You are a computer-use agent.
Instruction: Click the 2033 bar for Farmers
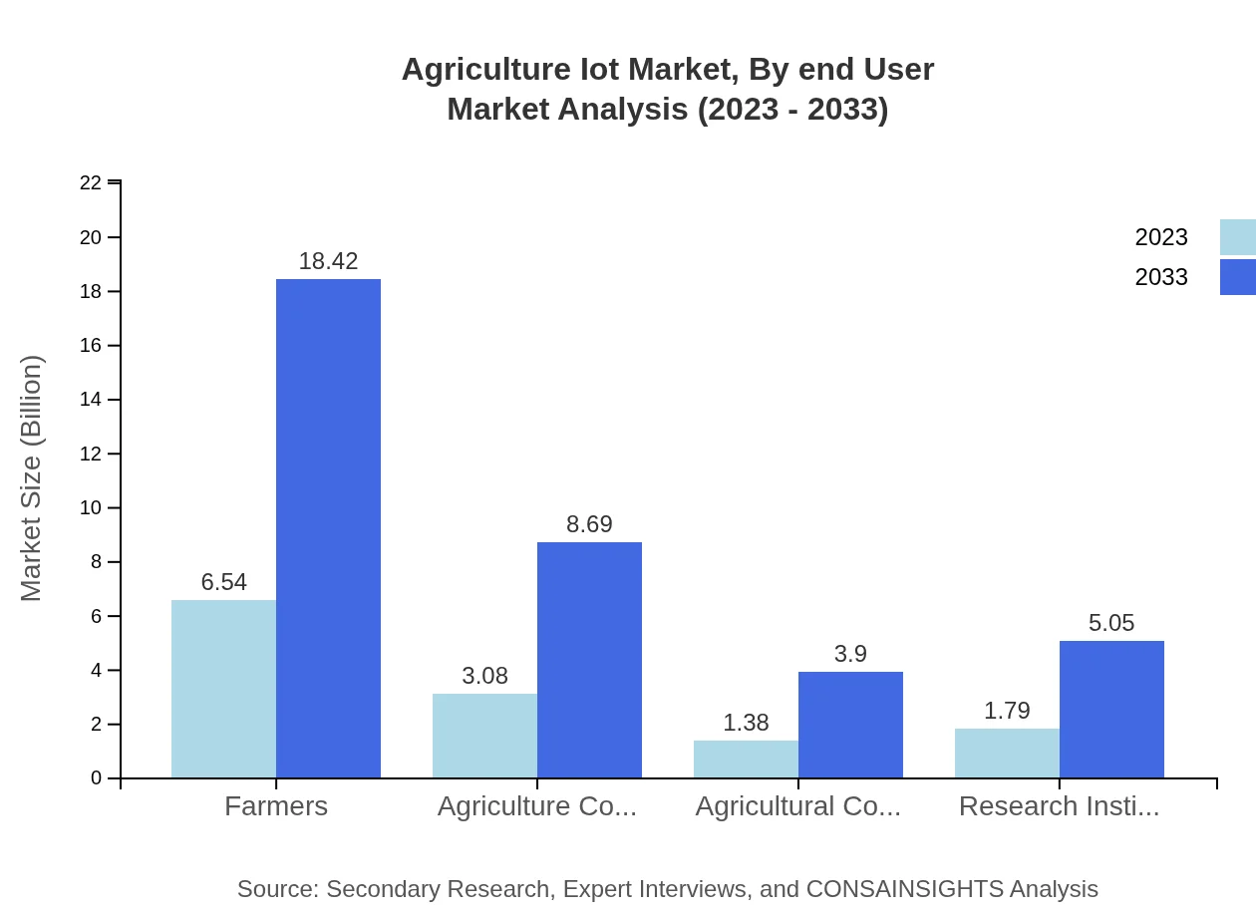click(328, 528)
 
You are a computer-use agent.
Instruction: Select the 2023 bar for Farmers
click(223, 689)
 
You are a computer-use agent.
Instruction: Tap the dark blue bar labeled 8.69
click(589, 660)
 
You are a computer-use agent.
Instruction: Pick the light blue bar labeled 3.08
click(484, 736)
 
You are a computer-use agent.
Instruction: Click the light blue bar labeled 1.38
click(746, 759)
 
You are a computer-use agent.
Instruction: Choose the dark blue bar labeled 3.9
click(850, 725)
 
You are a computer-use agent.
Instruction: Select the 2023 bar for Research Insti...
click(1007, 753)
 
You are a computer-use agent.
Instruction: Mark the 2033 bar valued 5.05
click(1111, 709)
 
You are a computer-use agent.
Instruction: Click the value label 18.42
click(328, 261)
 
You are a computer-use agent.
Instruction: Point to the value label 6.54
click(223, 582)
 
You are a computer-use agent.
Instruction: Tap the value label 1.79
click(1007, 711)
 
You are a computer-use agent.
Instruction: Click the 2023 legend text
click(1160, 237)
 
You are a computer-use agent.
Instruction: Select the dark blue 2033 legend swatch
click(1237, 277)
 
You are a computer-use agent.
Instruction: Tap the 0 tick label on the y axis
click(96, 777)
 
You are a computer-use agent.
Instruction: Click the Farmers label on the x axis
click(276, 805)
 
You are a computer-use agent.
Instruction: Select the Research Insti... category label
click(1059, 805)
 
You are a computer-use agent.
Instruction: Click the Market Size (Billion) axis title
click(32, 478)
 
